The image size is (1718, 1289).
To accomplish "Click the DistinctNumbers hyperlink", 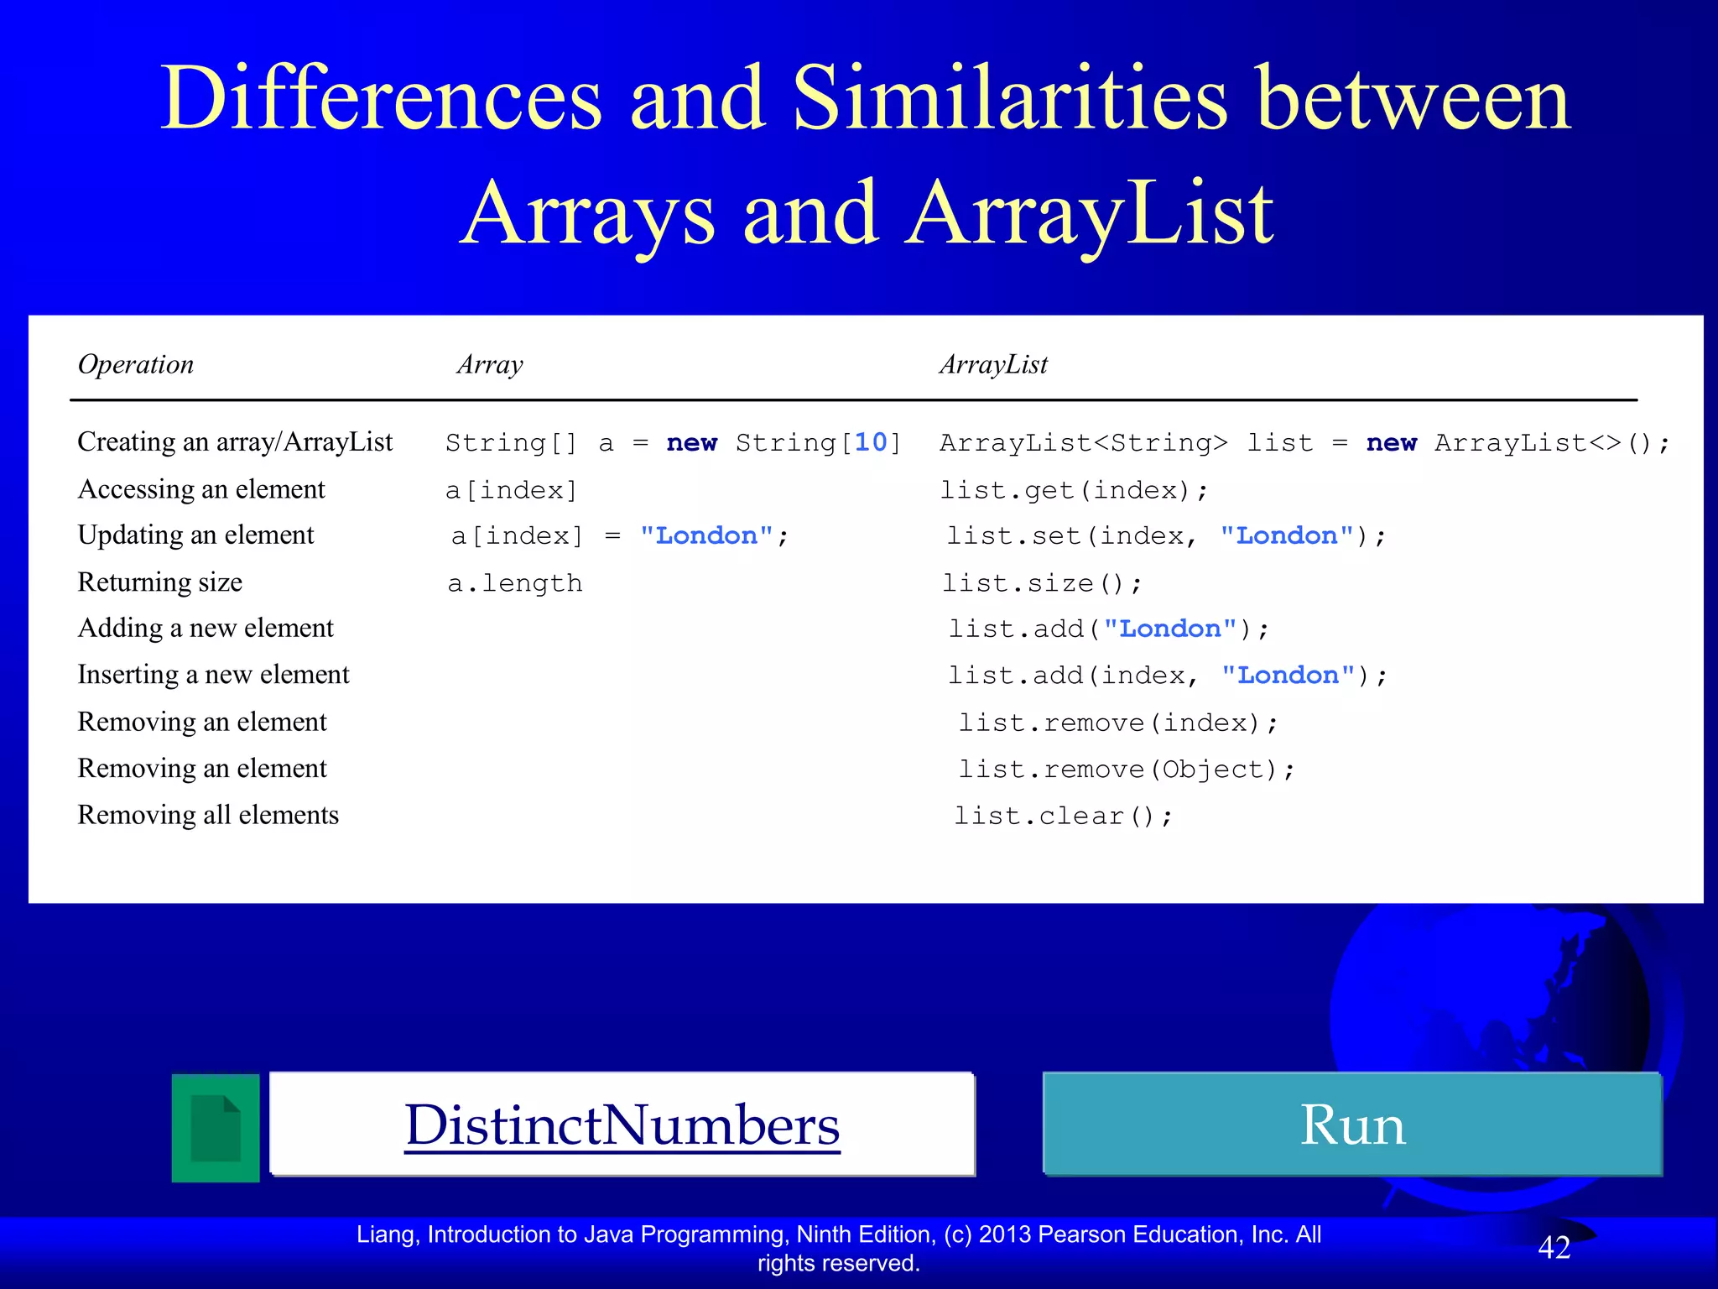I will (x=622, y=1125).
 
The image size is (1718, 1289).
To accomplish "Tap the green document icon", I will (x=216, y=1128).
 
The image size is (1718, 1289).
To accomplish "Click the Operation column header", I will (x=136, y=364).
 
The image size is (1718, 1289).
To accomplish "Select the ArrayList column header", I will (x=993, y=364).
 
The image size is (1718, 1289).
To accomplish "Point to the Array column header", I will (x=490, y=364).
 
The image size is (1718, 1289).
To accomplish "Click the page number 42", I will (x=1554, y=1248).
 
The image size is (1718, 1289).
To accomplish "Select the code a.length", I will (x=515, y=583).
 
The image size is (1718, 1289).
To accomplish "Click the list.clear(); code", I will (x=1063, y=816).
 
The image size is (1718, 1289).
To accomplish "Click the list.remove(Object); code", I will (x=1127, y=770).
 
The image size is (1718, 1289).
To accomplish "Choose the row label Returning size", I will (x=160, y=582).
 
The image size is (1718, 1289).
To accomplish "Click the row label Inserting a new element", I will (x=213, y=675).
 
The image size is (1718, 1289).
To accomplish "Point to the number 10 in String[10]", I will (x=871, y=442).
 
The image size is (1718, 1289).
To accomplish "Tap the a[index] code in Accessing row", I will (x=512, y=490).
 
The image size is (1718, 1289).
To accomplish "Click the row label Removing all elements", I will (x=208, y=815).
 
